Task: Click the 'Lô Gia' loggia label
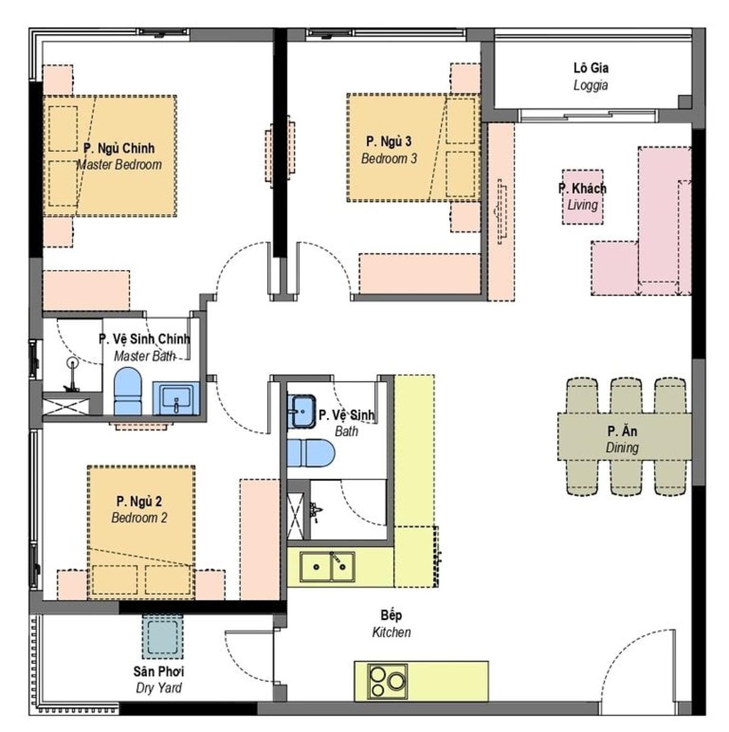click(x=591, y=69)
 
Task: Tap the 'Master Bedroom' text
click(x=120, y=165)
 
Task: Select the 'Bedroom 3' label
click(x=389, y=158)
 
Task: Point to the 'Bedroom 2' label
click(x=140, y=518)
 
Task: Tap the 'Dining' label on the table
click(x=622, y=447)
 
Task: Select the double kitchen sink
click(x=327, y=567)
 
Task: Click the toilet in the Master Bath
click(x=128, y=391)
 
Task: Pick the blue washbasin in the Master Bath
click(x=176, y=399)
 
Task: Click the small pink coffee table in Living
click(x=582, y=197)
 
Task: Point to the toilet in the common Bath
click(x=311, y=453)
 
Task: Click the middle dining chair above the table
click(x=626, y=396)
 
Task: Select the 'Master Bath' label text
click(x=144, y=356)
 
